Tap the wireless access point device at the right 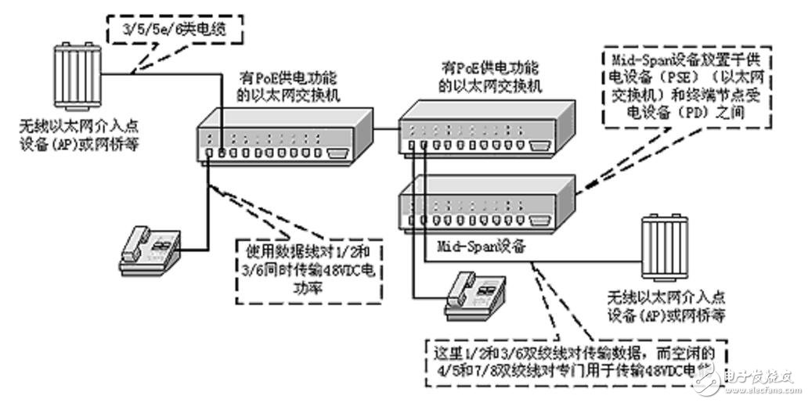pyautogui.click(x=662, y=246)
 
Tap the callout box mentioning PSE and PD pyautogui.click(x=686, y=87)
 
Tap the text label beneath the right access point pyautogui.click(x=665, y=306)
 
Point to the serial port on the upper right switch pyautogui.click(x=536, y=145)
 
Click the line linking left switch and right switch pyautogui.click(x=387, y=128)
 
